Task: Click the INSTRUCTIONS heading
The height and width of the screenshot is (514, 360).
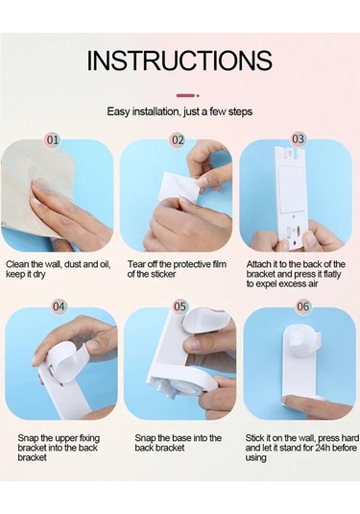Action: pos(180,61)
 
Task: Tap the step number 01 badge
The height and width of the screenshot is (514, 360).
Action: pos(53,140)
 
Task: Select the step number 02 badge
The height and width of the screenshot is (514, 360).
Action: pos(178,140)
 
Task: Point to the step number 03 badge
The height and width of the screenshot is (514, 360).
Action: pos(298,139)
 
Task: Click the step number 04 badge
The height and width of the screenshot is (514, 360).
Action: pos(59,306)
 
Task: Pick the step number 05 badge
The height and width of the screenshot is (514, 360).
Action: pos(180,306)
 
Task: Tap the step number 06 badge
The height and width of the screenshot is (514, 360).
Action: pos(303,306)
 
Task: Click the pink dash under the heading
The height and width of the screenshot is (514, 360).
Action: pos(185,95)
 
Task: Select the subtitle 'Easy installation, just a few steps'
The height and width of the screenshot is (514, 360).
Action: pos(180,111)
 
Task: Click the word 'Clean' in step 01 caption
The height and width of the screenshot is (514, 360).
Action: pos(17,264)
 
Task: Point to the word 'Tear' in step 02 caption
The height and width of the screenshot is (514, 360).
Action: pos(136,264)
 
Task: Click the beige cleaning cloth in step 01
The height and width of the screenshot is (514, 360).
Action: pos(36,186)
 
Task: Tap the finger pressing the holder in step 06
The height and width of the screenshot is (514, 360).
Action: pos(315,402)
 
